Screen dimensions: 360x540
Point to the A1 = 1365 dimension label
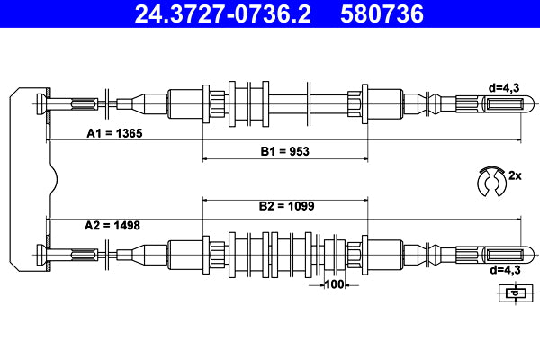coord(114,132)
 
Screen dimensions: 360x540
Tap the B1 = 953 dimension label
coord(285,151)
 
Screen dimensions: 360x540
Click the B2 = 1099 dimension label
coord(286,206)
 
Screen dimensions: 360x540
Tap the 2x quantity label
coord(516,175)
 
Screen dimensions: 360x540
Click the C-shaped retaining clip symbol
coord(491,181)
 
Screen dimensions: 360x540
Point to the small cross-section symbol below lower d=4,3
coord(514,293)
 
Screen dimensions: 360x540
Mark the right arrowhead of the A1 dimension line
coord(517,141)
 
